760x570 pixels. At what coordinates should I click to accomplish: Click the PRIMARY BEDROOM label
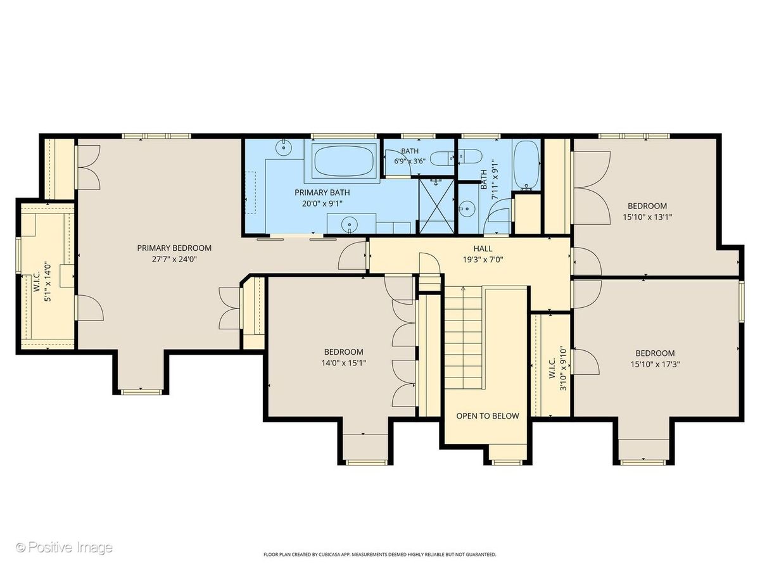click(174, 248)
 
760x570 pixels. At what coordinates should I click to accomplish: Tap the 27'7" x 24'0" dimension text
click(174, 259)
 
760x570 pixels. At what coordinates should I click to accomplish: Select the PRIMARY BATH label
click(322, 193)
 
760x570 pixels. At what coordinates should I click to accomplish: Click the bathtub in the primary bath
click(343, 161)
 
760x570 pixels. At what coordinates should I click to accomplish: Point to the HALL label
click(483, 248)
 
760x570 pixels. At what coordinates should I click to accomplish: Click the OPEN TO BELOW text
click(488, 416)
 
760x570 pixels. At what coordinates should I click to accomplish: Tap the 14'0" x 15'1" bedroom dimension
click(343, 363)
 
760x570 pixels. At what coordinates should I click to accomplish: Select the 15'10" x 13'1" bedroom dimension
click(647, 217)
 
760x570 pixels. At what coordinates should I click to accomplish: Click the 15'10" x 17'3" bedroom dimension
click(655, 364)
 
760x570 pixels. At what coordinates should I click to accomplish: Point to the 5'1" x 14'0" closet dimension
click(47, 282)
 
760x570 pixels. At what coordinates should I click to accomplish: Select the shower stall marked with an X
click(436, 206)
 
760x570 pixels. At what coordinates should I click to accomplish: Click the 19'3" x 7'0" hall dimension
click(483, 259)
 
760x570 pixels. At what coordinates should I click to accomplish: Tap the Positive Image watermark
click(65, 547)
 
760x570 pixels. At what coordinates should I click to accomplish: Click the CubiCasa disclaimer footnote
click(380, 564)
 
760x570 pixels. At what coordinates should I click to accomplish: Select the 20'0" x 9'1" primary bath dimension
click(322, 203)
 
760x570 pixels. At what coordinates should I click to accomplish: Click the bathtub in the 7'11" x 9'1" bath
click(526, 165)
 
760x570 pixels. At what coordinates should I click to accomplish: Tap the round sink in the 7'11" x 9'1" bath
click(466, 209)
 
